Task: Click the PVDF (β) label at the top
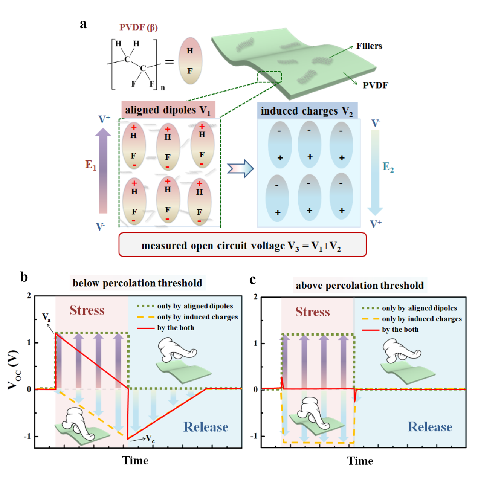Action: tap(139, 27)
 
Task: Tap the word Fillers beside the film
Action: tap(369, 46)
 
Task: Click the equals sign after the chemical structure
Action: tap(170, 61)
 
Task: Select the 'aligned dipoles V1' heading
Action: tap(168, 110)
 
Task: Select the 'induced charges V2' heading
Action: tap(307, 111)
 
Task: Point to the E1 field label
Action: tap(91, 165)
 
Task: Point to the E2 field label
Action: tap(388, 166)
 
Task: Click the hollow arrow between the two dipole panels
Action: tap(240, 168)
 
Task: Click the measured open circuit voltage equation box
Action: tap(242, 245)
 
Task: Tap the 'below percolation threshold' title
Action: tap(137, 283)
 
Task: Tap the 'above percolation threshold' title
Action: tap(360, 285)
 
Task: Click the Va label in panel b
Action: tap(46, 317)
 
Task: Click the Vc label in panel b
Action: tap(150, 438)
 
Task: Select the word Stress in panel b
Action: tap(87, 310)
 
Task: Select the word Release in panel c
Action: tap(430, 427)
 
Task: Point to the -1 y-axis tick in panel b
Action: tap(27, 436)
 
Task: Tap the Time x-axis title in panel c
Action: tap(360, 461)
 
